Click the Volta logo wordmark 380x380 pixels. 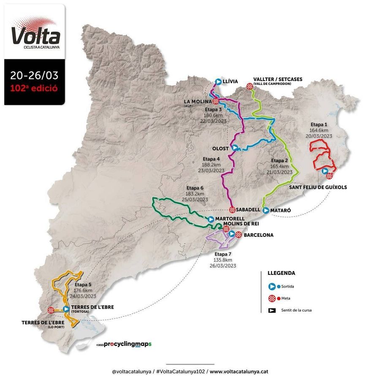[35, 35]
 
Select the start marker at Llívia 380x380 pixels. [218, 81]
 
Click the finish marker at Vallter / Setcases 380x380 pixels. [250, 86]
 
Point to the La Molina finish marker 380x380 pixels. [216, 101]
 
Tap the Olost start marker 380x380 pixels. [235, 148]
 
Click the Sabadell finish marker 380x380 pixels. [232, 210]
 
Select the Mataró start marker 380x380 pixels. [266, 210]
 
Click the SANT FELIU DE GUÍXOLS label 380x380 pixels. [318, 187]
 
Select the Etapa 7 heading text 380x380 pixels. [223, 254]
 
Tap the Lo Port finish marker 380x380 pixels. [51, 309]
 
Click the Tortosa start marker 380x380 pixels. [66, 309]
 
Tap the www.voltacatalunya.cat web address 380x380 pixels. [239, 372]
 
